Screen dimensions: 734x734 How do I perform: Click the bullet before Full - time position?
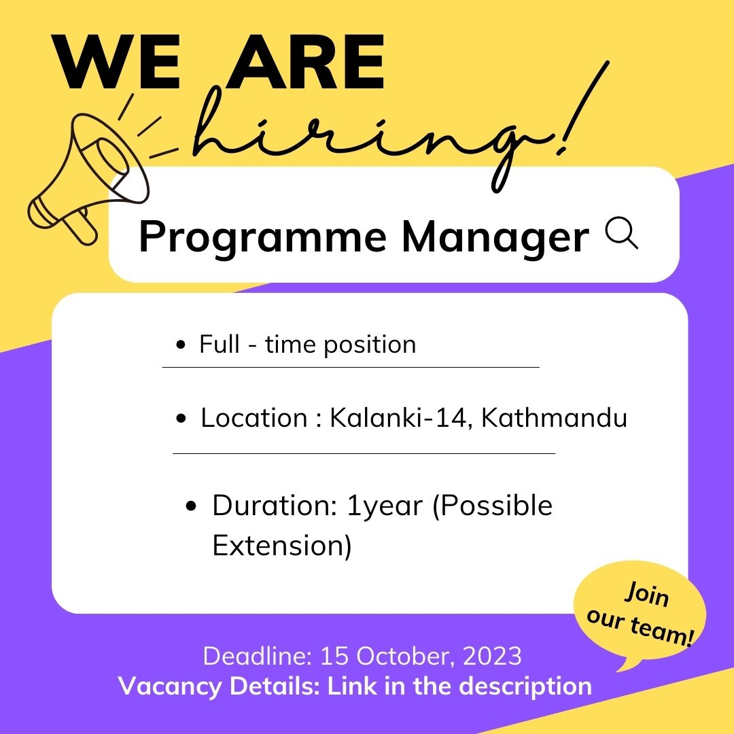tap(180, 346)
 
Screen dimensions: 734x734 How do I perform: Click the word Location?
tap(254, 418)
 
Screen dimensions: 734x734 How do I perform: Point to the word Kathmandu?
tap(554, 418)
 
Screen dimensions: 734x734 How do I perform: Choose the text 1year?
tap(384, 506)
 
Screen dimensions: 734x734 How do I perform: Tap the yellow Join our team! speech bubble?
tap(639, 615)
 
